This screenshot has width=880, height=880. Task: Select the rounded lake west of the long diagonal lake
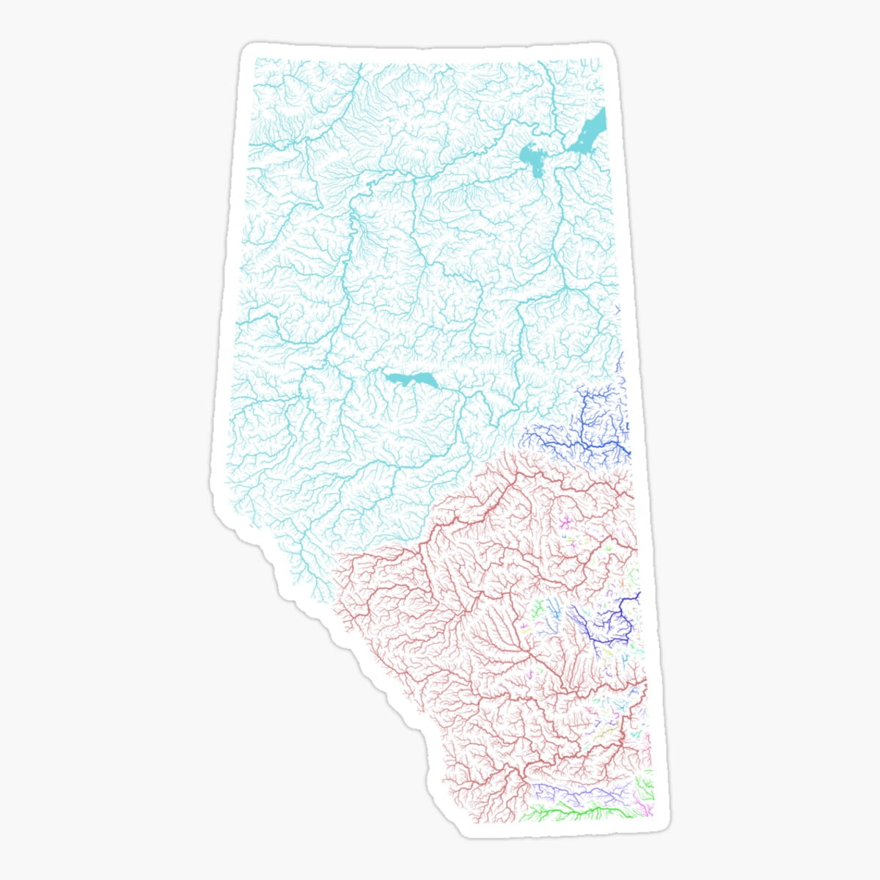pos(531,156)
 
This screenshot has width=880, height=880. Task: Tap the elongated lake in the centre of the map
pos(411,380)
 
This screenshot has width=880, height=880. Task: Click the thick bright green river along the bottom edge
pos(579,811)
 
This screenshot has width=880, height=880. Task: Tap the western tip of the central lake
pos(386,375)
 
